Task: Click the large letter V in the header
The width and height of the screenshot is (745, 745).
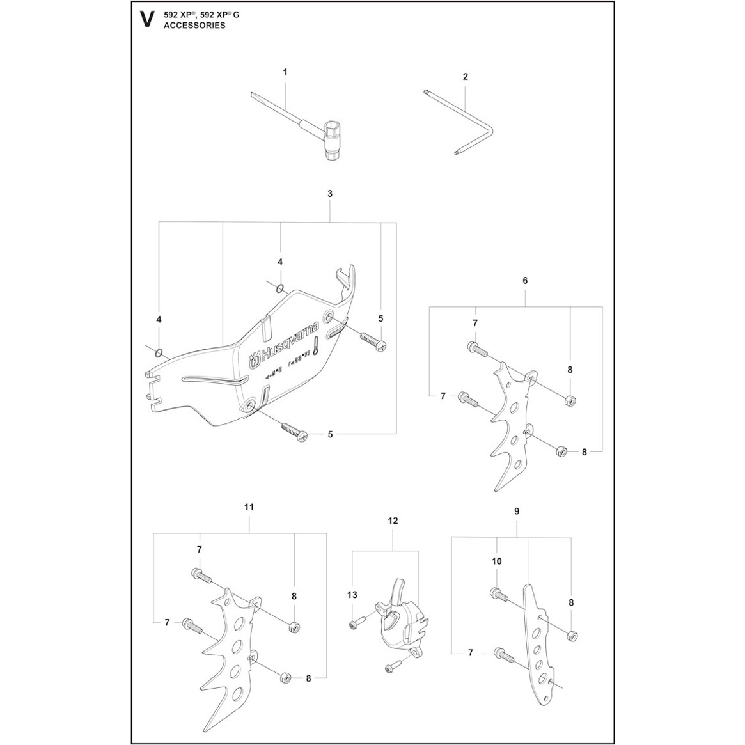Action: point(146,19)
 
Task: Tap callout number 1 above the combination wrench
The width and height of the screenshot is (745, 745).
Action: point(285,72)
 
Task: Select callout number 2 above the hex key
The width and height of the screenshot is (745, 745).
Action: point(466,76)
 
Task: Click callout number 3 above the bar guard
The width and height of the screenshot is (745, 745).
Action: point(329,193)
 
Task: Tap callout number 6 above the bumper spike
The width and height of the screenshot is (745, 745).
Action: point(525,281)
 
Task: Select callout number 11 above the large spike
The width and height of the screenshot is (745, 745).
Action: point(249,507)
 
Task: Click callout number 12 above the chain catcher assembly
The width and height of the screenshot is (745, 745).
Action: point(393,521)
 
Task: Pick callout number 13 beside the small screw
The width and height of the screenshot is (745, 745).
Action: point(351,595)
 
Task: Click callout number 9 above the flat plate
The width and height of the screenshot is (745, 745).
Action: point(517,511)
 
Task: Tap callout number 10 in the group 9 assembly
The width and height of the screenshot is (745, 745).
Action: point(497,561)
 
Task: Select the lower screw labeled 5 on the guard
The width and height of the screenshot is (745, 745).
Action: point(294,430)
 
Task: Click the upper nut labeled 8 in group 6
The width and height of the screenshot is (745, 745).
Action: point(567,401)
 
